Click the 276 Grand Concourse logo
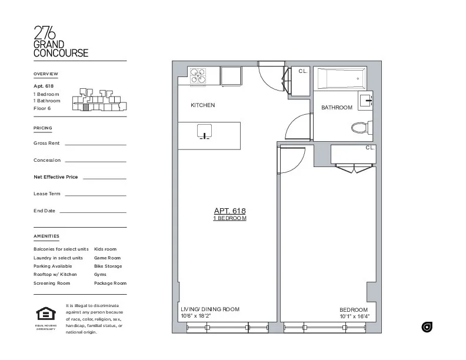pos(61,42)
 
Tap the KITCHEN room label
pos(202,105)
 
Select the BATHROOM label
pos(337,108)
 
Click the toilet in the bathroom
pos(360,126)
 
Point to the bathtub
pos(340,79)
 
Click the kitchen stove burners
pos(198,76)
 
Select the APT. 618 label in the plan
pos(229,211)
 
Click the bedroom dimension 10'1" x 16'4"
pos(354,316)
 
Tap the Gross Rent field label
pos(47,144)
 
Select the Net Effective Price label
pos(56,177)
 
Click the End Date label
pos(45,211)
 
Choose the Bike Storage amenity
pos(108,266)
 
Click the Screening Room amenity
pos(52,283)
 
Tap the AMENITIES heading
pos(46,236)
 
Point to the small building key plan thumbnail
pos(99,99)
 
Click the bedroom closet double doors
pos(353,168)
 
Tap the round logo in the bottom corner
pos(427,327)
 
